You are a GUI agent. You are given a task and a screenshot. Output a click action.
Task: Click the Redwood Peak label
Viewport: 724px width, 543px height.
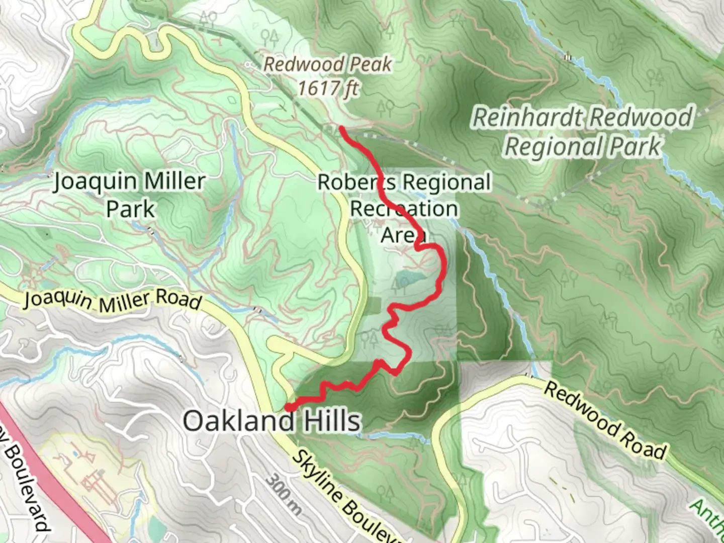(x=328, y=64)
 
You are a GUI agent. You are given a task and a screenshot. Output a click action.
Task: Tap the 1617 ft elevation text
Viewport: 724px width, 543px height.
(x=328, y=88)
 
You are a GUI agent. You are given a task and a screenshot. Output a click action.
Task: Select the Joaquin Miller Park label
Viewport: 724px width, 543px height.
(x=130, y=195)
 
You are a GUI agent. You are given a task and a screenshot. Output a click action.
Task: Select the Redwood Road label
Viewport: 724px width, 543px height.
(x=605, y=421)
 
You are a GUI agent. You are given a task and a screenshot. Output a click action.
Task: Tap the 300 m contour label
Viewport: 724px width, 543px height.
(x=284, y=495)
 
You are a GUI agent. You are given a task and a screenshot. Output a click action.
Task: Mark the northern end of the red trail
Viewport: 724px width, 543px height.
(x=342, y=129)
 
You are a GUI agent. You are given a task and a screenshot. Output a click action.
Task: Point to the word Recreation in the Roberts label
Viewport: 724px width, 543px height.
(x=404, y=209)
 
